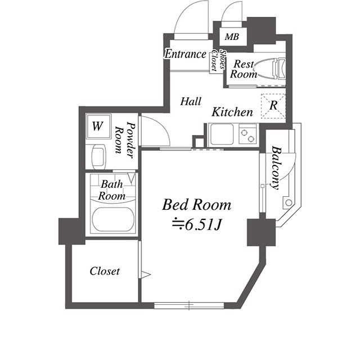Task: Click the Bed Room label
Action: coord(196,204)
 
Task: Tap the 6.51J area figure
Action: coord(197,225)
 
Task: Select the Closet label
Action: coord(105,271)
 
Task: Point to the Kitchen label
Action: coord(232,112)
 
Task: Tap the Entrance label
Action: coord(185,55)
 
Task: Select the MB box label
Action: coord(231,38)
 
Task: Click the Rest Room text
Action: coord(245,69)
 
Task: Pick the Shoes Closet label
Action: coord(218,61)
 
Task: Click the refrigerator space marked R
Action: coord(273,105)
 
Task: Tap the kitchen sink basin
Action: coord(221,135)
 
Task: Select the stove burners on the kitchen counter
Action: coord(247,135)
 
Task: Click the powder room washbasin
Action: coord(98,156)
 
